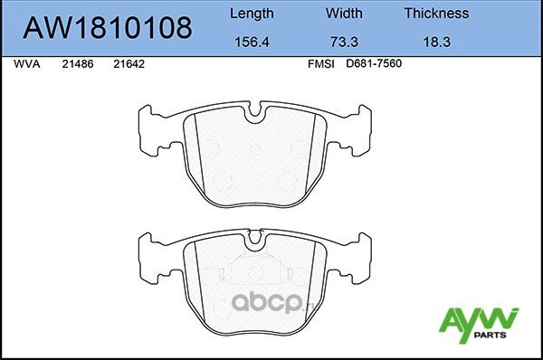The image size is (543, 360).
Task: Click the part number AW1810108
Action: (x=107, y=27)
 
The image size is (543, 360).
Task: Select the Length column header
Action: (x=252, y=14)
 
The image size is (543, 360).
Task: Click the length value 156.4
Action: (x=252, y=42)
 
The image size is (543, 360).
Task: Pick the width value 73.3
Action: (x=343, y=42)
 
